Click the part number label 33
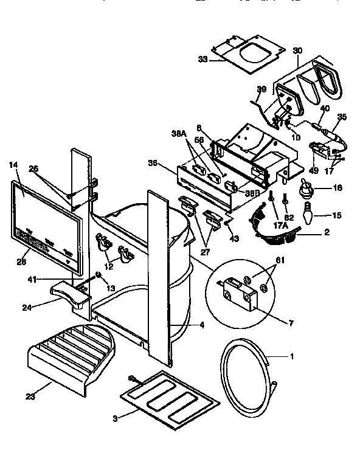coord(202,60)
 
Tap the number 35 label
coord(342,117)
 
